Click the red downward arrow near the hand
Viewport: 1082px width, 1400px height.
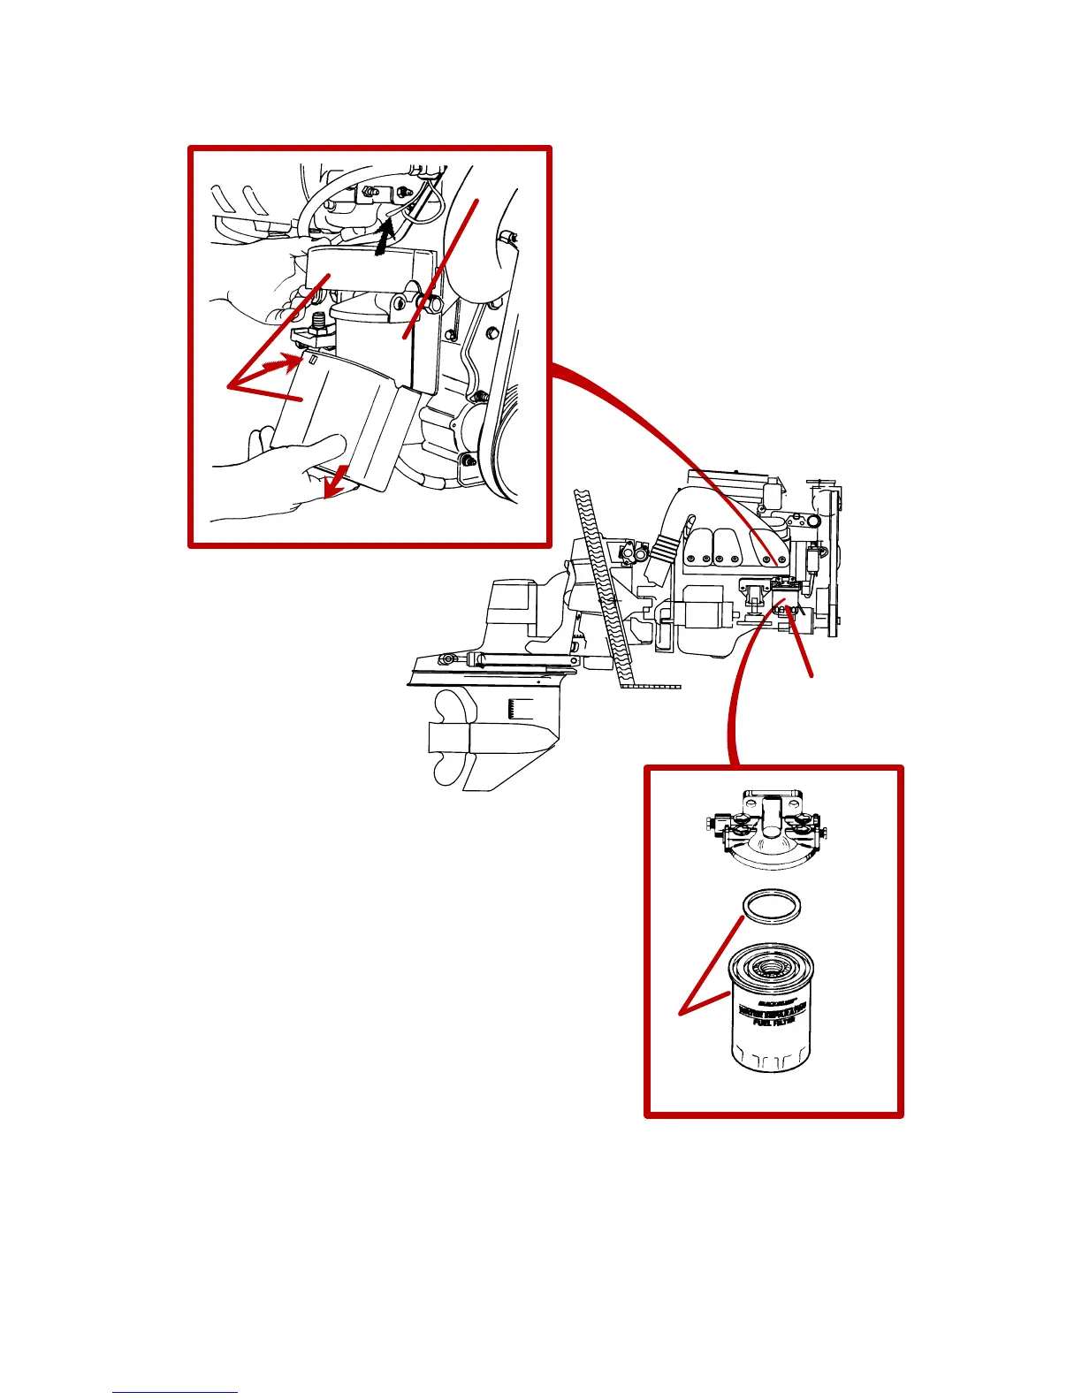pyautogui.click(x=335, y=483)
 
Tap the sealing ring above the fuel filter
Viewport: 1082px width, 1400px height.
pyautogui.click(x=773, y=907)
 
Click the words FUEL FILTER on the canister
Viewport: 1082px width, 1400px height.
pyautogui.click(x=773, y=1019)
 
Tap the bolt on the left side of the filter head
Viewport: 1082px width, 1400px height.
pyautogui.click(x=712, y=826)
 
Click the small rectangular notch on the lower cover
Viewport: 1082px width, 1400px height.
pyautogui.click(x=313, y=360)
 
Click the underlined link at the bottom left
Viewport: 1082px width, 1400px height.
pyautogui.click(x=174, y=1392)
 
